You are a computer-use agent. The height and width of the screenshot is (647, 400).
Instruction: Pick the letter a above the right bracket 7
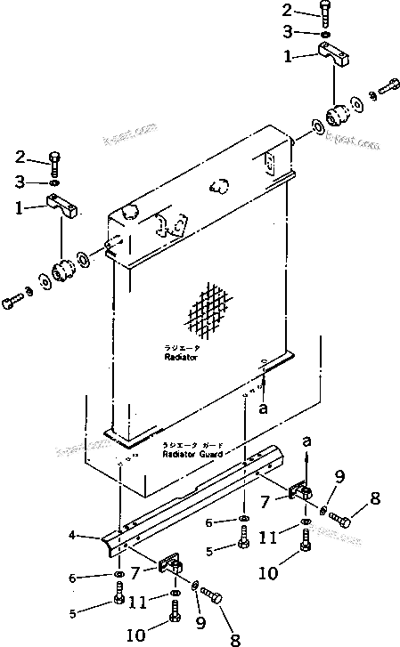coord(307,441)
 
